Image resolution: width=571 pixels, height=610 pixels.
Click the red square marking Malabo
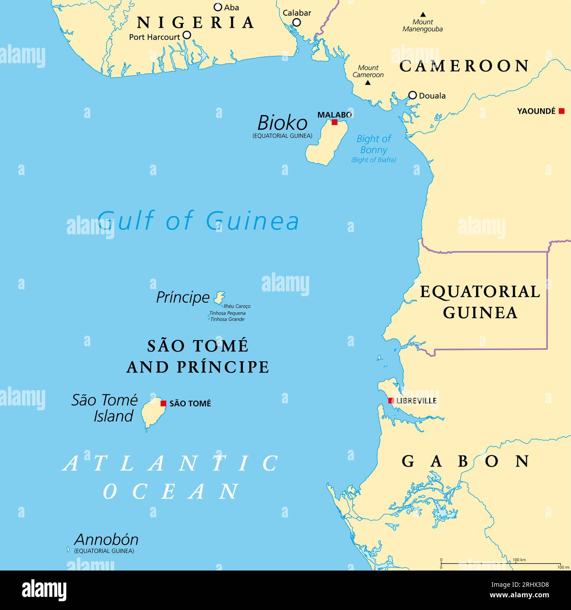click(x=335, y=122)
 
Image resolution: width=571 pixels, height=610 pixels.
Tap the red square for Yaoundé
click(x=561, y=111)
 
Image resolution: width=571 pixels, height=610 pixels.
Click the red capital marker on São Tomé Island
click(x=163, y=403)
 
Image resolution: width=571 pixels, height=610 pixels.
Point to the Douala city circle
click(x=412, y=95)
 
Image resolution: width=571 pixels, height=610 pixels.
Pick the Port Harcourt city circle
click(x=187, y=35)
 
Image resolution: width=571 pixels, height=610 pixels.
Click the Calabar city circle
click(x=297, y=22)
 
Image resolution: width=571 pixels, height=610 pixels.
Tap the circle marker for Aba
click(x=218, y=7)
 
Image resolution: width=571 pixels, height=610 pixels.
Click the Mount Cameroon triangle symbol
click(x=368, y=83)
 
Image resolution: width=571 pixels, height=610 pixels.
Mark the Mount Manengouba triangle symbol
click(x=423, y=14)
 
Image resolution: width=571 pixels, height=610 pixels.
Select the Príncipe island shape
click(x=219, y=298)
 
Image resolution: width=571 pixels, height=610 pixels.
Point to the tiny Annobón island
click(x=68, y=549)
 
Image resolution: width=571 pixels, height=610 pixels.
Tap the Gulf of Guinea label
click(x=199, y=220)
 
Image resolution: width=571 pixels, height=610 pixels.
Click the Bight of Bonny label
click(x=374, y=144)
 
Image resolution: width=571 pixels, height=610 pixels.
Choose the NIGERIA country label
click(x=195, y=22)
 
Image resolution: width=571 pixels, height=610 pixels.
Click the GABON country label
click(x=466, y=461)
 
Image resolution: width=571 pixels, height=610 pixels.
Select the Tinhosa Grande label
click(x=227, y=319)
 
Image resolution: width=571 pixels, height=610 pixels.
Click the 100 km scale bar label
click(x=519, y=560)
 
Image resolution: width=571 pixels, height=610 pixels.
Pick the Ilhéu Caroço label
click(x=237, y=306)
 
